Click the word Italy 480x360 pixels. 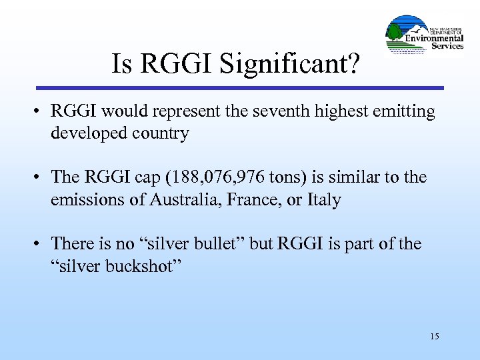tap(323, 199)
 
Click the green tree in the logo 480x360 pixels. tap(395, 31)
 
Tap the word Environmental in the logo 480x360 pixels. tap(435, 39)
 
